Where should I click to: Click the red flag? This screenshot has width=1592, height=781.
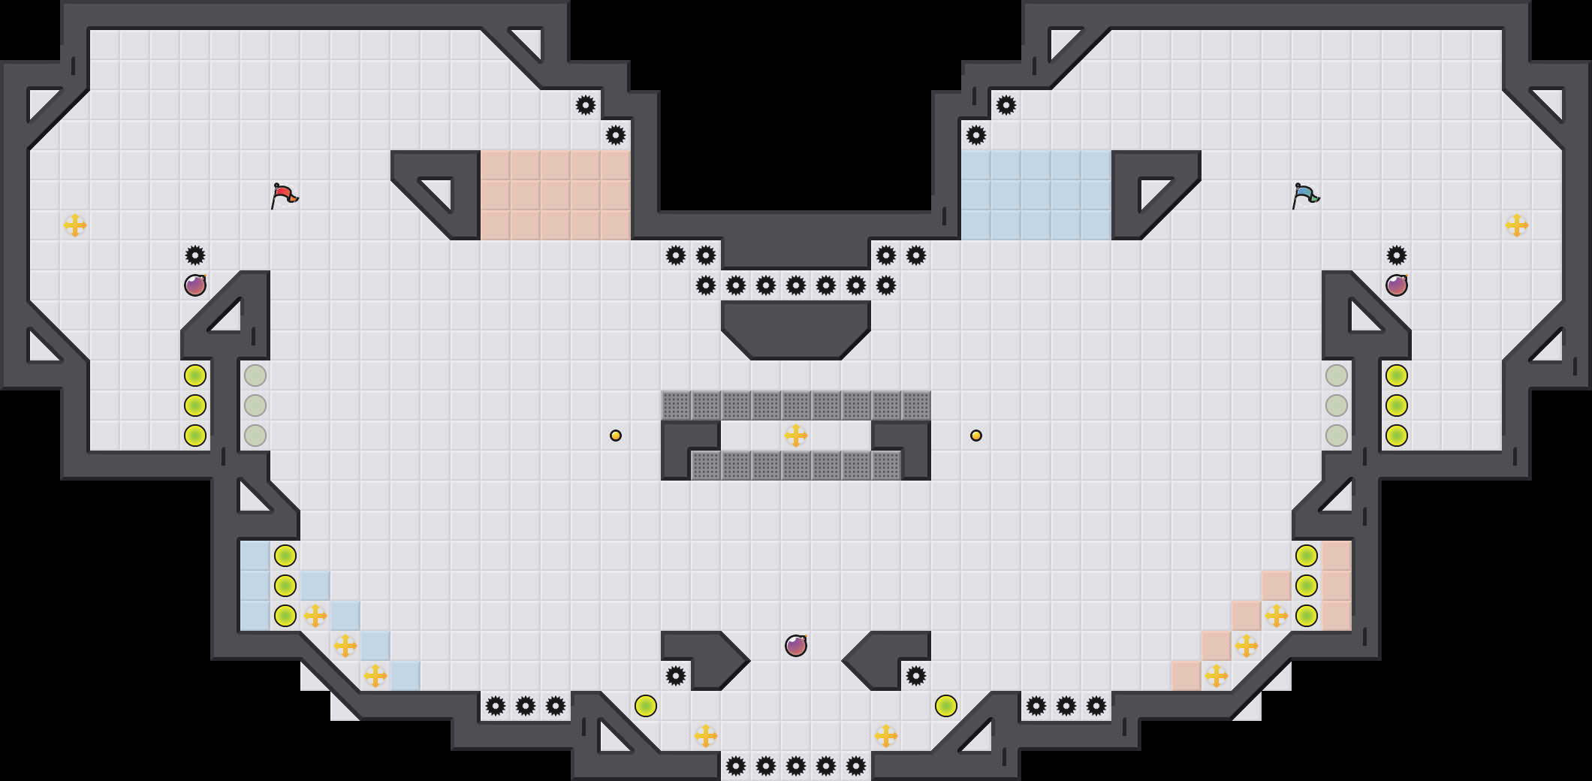(x=284, y=195)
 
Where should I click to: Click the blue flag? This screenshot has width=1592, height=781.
(x=1305, y=195)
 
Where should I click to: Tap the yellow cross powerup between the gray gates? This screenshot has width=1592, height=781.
(x=796, y=436)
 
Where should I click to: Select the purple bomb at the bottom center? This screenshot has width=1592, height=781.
(x=796, y=646)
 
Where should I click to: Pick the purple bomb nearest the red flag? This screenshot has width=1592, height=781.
(x=195, y=285)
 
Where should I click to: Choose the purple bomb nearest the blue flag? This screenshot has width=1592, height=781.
(x=1397, y=285)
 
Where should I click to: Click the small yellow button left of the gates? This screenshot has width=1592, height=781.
(x=616, y=436)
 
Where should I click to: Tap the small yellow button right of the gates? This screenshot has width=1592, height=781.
(x=976, y=436)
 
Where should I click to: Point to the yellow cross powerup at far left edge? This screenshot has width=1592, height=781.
(x=75, y=225)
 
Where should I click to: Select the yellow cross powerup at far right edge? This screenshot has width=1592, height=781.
(x=1517, y=225)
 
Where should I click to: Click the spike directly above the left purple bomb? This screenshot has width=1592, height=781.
(x=195, y=255)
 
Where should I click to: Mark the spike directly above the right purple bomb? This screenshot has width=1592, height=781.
(x=1397, y=255)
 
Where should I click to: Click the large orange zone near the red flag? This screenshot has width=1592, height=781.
(x=556, y=195)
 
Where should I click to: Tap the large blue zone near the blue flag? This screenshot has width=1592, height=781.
(x=1036, y=195)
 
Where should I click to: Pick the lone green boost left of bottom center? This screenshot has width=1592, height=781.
(x=646, y=706)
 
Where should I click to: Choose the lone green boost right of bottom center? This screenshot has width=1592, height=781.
(x=946, y=706)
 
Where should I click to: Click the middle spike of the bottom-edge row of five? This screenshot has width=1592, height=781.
(x=796, y=766)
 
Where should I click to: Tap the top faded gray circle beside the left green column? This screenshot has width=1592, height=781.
(x=255, y=375)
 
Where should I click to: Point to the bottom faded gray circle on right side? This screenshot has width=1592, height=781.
(x=1337, y=436)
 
